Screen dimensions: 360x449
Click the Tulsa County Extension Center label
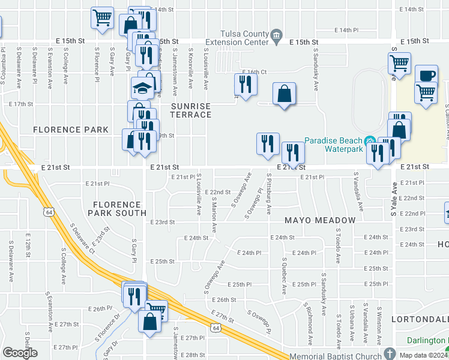tap(236, 38)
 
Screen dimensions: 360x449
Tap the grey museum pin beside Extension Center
tap(276, 35)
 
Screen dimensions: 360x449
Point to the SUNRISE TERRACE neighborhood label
tap(191, 110)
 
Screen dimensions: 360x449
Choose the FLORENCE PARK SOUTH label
tap(117, 208)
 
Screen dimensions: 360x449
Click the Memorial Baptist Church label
tap(335, 356)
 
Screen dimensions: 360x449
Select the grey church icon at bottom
tap(390, 353)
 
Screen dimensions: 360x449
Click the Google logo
tap(20, 353)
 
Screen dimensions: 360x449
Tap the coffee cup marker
tap(426, 76)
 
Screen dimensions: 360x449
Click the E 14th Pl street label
tap(346, 29)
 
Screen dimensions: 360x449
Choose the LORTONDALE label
tap(420, 319)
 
